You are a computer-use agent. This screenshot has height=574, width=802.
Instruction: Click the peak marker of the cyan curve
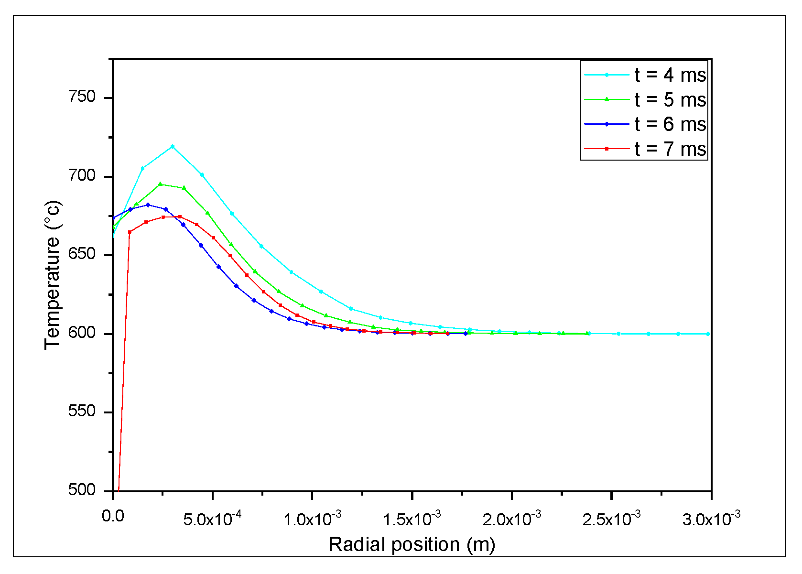pyautogui.click(x=173, y=147)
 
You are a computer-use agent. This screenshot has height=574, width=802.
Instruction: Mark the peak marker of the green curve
pyautogui.click(x=160, y=184)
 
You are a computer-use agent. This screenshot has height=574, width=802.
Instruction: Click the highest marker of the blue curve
pyautogui.click(x=148, y=205)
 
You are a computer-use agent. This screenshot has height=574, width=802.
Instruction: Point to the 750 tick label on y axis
pyautogui.click(x=82, y=97)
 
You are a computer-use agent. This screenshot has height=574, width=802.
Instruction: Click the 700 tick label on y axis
pyautogui.click(x=82, y=176)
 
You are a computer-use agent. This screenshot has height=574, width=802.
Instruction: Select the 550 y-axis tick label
pyautogui.click(x=82, y=412)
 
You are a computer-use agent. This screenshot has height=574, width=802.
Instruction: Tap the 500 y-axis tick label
pyautogui.click(x=82, y=490)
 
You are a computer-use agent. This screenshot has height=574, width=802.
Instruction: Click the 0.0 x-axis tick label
pyautogui.click(x=113, y=516)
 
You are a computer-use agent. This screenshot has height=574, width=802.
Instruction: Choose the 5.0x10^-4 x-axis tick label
pyautogui.click(x=212, y=518)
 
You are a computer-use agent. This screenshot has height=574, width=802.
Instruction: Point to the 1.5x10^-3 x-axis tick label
pyautogui.click(x=412, y=518)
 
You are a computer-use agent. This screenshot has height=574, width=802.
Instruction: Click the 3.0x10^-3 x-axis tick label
pyautogui.click(x=711, y=518)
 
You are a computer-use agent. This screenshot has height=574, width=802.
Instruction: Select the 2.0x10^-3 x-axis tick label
pyautogui.click(x=511, y=518)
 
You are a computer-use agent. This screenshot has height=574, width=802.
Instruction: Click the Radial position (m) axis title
pyautogui.click(x=412, y=544)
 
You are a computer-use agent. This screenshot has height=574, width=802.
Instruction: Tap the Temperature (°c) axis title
pyautogui.click(x=53, y=275)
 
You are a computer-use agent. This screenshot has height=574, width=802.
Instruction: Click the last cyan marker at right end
pyautogui.click(x=708, y=334)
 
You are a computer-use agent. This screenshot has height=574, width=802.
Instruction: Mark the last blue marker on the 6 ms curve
pyautogui.click(x=466, y=334)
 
